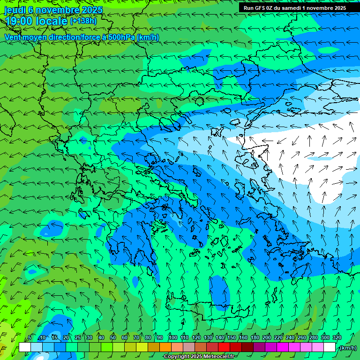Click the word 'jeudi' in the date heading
pyautogui.click(x=15, y=10)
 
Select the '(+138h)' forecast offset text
pyautogui.click(x=83, y=21)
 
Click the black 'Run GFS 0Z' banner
pyautogui.click(x=295, y=8)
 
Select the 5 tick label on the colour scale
pyautogui.click(x=30, y=337)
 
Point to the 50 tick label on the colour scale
pyautogui.click(x=112, y=337)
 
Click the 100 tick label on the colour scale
pyautogui.click(x=172, y=337)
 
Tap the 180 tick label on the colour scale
pyautogui.click(x=255, y=337)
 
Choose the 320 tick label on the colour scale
pyautogui.click(x=337, y=337)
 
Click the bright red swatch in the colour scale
pyautogui.click(x=224, y=347)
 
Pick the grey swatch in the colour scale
pyautogui.click(x=189, y=347)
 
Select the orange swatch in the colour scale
pyautogui.click(x=165, y=347)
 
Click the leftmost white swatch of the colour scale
pyautogui.click(x=25, y=347)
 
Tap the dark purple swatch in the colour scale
pyautogui.click(x=259, y=347)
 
